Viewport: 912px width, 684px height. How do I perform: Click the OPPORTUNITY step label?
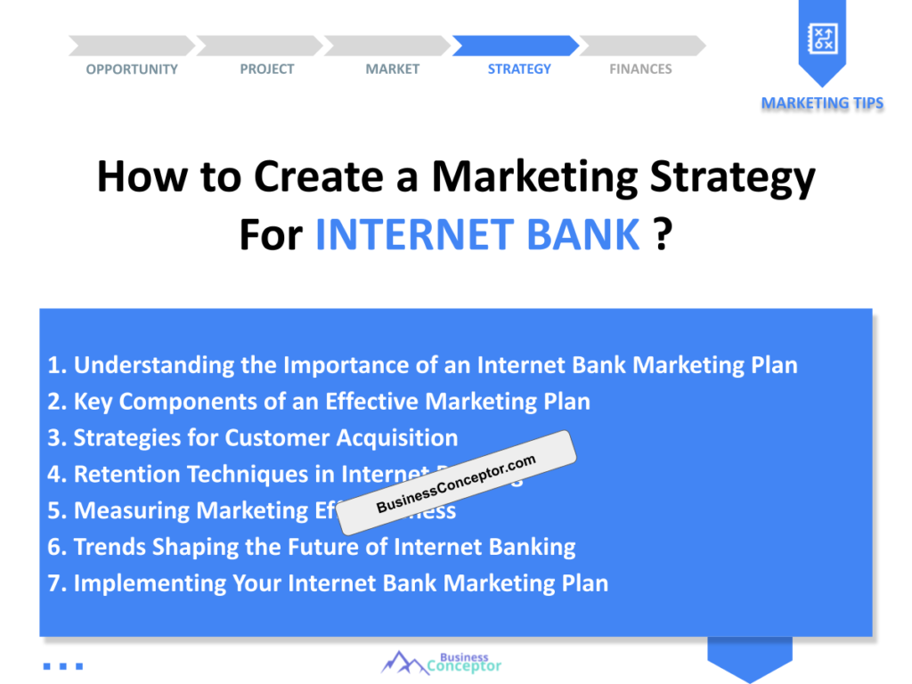[x=132, y=69]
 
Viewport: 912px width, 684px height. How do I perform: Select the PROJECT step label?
[x=266, y=69]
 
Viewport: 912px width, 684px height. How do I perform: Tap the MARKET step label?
[x=392, y=69]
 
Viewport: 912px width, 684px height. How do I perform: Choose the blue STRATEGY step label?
[x=519, y=69]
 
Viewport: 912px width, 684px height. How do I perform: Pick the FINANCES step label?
[x=640, y=69]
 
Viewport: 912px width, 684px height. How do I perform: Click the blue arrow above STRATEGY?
[x=516, y=45]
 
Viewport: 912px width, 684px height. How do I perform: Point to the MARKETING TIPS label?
[x=822, y=103]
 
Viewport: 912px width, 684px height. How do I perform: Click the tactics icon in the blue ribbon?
[x=821, y=37]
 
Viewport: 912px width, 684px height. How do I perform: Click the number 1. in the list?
[x=58, y=365]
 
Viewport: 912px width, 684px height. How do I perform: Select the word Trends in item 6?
[x=110, y=547]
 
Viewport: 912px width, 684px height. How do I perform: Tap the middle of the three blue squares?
[x=62, y=665]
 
